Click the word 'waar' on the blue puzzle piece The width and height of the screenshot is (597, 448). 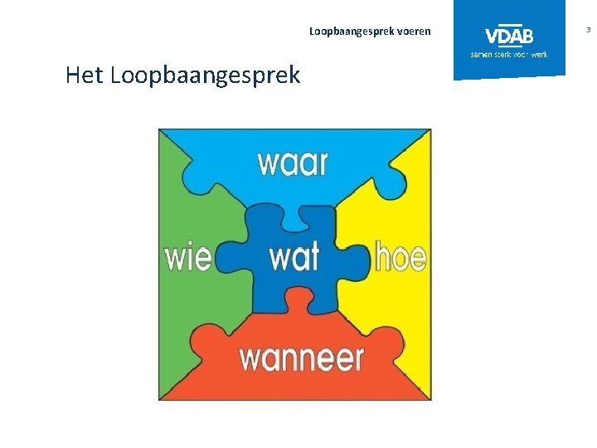point(292,163)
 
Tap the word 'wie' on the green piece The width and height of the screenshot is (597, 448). point(187,257)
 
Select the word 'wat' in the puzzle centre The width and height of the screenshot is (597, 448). point(294,257)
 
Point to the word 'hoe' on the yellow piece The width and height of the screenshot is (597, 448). point(400,257)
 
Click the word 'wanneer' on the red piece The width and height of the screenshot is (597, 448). point(302,358)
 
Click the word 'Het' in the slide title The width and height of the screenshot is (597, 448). point(84,76)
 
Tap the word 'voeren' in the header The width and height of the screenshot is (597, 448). point(414,32)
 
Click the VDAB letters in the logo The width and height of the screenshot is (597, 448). point(509,36)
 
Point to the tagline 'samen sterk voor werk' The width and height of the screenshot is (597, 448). point(509,54)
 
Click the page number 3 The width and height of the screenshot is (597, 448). point(588,30)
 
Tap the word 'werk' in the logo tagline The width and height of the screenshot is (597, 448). point(539,54)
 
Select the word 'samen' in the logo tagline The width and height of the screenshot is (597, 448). point(481,54)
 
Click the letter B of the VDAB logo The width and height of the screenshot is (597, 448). point(527,36)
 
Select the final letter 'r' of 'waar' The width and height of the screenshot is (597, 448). point(322,164)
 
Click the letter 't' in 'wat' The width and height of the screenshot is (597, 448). point(313,257)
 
